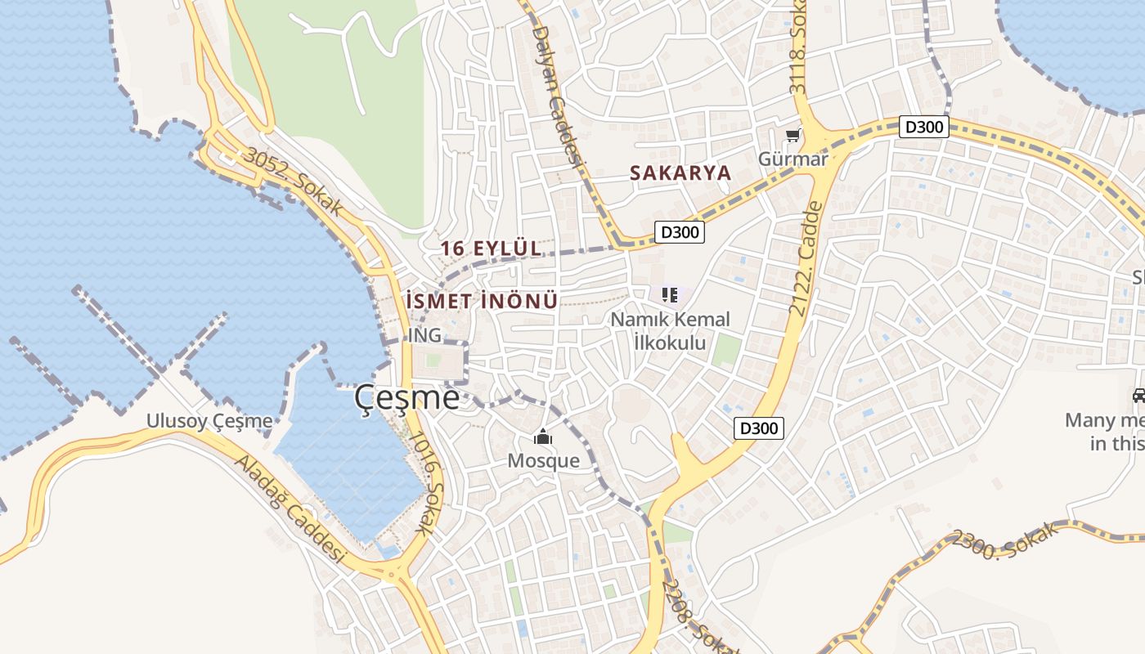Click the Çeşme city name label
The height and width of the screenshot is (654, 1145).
click(406, 398)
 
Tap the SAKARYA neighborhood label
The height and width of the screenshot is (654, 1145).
click(680, 173)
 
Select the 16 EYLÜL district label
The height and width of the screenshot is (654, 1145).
click(491, 248)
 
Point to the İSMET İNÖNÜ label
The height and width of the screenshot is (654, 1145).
click(482, 301)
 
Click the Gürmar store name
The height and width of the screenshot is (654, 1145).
click(793, 159)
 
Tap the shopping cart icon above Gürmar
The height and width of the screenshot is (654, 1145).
click(792, 135)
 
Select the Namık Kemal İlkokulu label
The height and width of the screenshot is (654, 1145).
click(670, 330)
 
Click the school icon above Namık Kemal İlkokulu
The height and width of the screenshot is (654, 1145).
click(670, 294)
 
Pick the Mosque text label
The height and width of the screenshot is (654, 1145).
click(543, 460)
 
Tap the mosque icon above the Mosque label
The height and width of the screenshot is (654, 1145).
click(543, 437)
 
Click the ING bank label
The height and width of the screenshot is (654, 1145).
click(424, 335)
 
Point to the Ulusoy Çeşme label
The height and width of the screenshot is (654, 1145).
click(209, 421)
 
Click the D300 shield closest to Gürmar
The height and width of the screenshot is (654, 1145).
click(924, 127)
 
